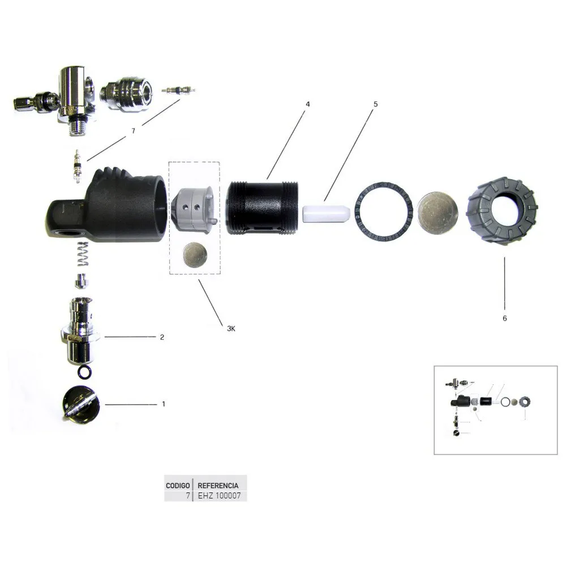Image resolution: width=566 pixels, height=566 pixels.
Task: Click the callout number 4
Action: [307, 104]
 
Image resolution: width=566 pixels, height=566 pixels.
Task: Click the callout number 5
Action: [375, 104]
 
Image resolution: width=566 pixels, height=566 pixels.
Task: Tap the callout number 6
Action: [505, 318]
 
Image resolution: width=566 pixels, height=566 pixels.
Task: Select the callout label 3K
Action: [231, 328]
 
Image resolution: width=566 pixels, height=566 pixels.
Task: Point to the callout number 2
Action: [162, 337]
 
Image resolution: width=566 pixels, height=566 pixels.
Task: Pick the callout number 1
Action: [164, 404]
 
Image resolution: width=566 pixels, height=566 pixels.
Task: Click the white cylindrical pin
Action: [327, 214]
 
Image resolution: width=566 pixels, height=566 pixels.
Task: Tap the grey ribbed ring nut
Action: [503, 211]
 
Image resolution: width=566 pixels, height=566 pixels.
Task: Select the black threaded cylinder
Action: [263, 208]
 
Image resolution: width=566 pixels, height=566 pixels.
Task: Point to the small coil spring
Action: [83, 254]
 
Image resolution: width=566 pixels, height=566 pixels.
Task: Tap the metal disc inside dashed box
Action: [195, 254]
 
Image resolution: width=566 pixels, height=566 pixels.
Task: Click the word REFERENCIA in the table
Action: [218, 486]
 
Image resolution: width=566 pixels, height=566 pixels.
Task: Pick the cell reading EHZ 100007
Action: [219, 496]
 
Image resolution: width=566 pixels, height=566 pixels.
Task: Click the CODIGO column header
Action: [178, 486]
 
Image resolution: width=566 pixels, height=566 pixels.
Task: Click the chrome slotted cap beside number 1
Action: [80, 404]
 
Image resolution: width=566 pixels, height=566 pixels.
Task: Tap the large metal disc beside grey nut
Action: [438, 212]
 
